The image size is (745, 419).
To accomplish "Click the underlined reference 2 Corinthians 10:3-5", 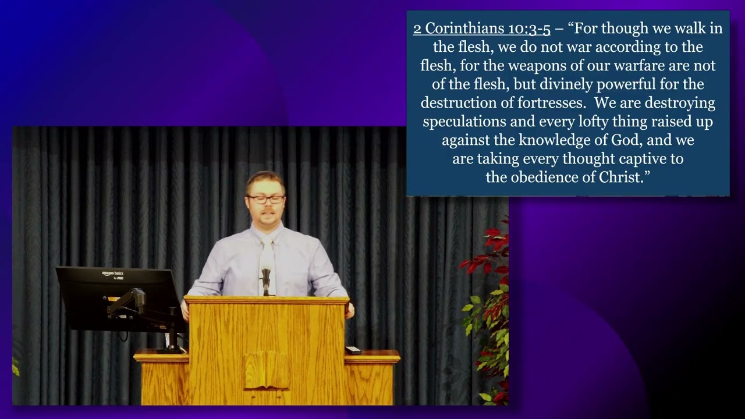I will pyautogui.click(x=481, y=29).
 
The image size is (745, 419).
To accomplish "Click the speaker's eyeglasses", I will pyautogui.click(x=265, y=199).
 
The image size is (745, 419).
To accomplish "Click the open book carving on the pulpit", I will pyautogui.click(x=267, y=370).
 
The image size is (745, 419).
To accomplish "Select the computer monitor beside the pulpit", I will pyautogui.click(x=119, y=299).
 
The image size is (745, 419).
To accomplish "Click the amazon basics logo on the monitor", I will pyautogui.click(x=113, y=274).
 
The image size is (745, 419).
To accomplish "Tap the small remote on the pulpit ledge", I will pyautogui.click(x=353, y=350).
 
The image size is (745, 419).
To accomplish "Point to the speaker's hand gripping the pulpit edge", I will pyautogui.click(x=350, y=311).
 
